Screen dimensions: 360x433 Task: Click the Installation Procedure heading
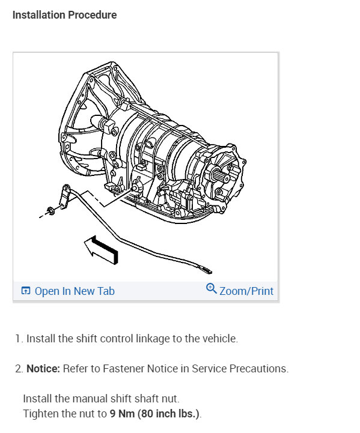pos(65,15)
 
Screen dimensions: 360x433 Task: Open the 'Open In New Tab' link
pos(75,291)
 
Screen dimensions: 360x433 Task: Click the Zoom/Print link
pos(246,291)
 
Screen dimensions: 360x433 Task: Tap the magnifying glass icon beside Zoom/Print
pos(212,289)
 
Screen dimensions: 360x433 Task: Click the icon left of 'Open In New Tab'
pos(26,291)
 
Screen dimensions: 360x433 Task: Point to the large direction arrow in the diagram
pos(102,250)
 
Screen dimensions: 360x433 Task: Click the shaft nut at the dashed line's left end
pos(50,211)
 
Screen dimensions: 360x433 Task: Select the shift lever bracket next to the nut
pos(65,196)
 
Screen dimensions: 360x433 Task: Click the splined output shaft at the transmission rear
pos(219,175)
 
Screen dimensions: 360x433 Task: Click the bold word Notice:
pos(43,369)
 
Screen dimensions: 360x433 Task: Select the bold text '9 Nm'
pos(122,414)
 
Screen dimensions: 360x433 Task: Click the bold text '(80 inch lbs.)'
pos(168,414)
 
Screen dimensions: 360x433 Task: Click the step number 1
pos(18,339)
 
